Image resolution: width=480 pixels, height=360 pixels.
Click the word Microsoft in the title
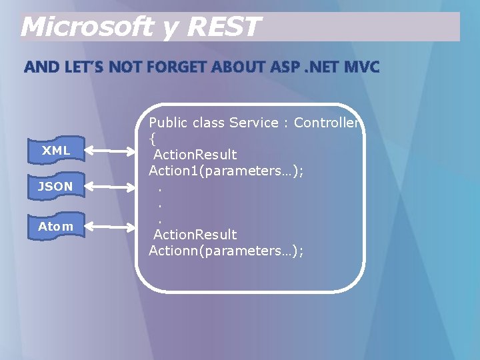pos(87,27)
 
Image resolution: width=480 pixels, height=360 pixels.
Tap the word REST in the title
pos(223,27)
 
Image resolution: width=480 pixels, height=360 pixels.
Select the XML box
pos(56,151)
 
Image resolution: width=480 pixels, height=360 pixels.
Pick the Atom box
pos(56,227)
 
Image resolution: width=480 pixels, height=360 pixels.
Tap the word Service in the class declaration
pos(253,123)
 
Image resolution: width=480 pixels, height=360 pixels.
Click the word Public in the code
pos(167,123)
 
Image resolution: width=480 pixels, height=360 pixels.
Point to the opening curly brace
pos(152,139)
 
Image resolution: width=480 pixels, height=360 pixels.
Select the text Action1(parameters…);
pos(226,171)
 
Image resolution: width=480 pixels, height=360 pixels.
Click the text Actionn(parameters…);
pos(226,251)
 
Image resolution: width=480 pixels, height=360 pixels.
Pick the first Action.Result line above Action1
pos(195,155)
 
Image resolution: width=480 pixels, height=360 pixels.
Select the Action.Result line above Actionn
pos(195,235)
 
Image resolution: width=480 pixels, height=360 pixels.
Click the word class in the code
pos(207,123)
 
